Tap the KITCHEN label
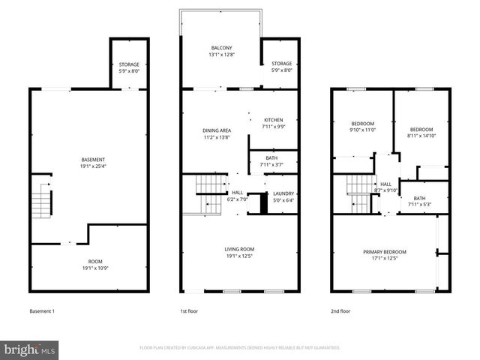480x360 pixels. pyautogui.click(x=273, y=123)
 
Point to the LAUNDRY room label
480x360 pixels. pyautogui.click(x=283, y=196)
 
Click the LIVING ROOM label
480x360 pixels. pyautogui.click(x=240, y=253)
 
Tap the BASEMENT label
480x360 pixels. pyautogui.click(x=93, y=163)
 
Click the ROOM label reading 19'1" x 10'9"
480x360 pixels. pyautogui.click(x=96, y=265)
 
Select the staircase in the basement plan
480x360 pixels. pyautogui.click(x=42, y=200)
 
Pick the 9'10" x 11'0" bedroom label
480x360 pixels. pyautogui.click(x=362, y=127)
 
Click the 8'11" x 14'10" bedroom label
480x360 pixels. pyautogui.click(x=421, y=133)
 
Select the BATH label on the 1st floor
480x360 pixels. pyautogui.click(x=271, y=161)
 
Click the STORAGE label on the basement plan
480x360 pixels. pyautogui.click(x=128, y=67)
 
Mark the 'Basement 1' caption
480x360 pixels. pyautogui.click(x=42, y=311)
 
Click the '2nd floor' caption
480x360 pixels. pyautogui.click(x=340, y=311)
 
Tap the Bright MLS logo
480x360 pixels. pyautogui.click(x=30, y=349)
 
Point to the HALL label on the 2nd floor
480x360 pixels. pyautogui.click(x=385, y=187)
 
